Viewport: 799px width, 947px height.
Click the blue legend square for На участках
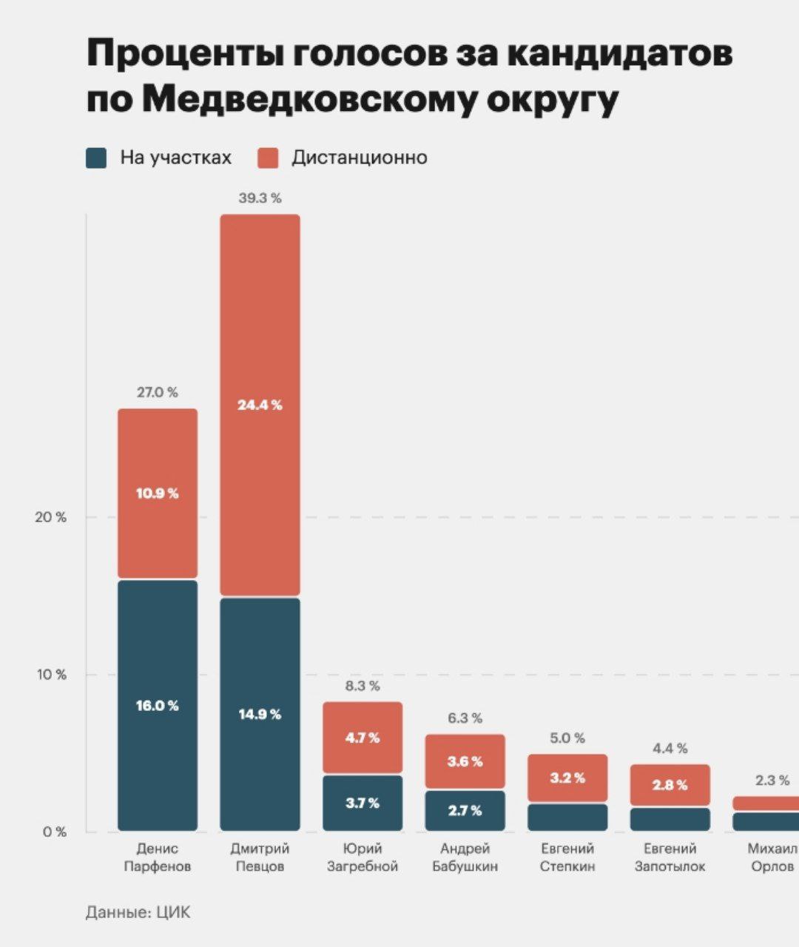point(97,158)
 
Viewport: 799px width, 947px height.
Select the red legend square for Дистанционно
point(268,158)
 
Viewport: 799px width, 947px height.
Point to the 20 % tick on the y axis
point(50,517)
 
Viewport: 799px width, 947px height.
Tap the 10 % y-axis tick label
point(50,675)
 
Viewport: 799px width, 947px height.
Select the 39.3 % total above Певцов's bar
point(260,198)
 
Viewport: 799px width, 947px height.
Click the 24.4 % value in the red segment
point(260,405)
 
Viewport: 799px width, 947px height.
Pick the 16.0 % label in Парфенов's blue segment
point(158,706)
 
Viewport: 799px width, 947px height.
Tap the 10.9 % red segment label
point(158,493)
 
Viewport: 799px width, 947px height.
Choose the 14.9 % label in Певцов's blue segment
point(260,714)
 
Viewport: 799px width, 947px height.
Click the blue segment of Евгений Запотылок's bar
point(670,819)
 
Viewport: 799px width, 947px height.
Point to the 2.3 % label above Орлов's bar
point(772,781)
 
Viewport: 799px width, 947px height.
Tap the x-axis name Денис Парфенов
point(158,857)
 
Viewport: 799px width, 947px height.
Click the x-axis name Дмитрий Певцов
point(260,857)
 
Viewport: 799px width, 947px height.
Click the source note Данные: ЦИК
point(138,912)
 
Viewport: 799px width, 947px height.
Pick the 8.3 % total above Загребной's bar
point(363,686)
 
